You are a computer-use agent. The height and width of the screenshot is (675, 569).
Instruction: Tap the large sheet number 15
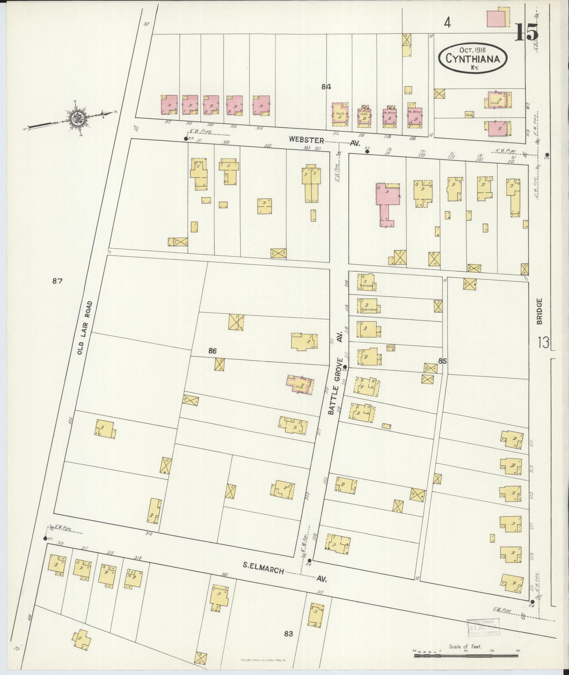pos(527,32)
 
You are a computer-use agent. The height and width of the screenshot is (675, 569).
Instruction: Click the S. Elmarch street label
pos(263,570)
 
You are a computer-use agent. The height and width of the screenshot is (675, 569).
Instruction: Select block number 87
pos(57,281)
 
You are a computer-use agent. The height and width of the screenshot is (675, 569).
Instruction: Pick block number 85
pos(442,361)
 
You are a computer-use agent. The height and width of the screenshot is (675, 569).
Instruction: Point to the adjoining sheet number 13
pos(543,342)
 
